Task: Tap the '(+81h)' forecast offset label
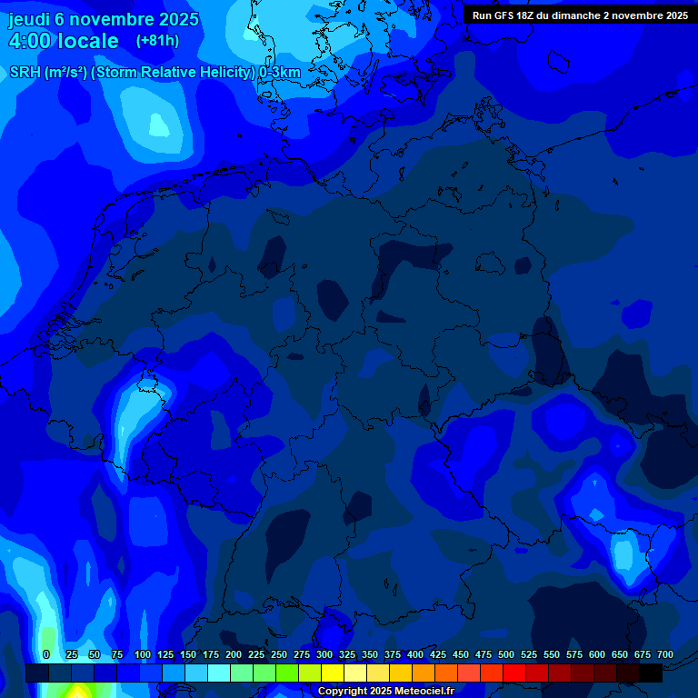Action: tap(157, 41)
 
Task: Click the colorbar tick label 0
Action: tap(46, 654)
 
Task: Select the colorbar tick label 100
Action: tap(143, 654)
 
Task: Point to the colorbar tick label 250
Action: tap(279, 654)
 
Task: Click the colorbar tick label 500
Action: tap(506, 654)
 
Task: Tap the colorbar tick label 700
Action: tap(665, 654)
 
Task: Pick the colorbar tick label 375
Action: tap(393, 654)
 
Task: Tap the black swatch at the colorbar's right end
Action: tap(651, 673)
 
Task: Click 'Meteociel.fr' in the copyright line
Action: tap(424, 692)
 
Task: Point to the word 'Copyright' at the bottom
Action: tap(342, 692)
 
